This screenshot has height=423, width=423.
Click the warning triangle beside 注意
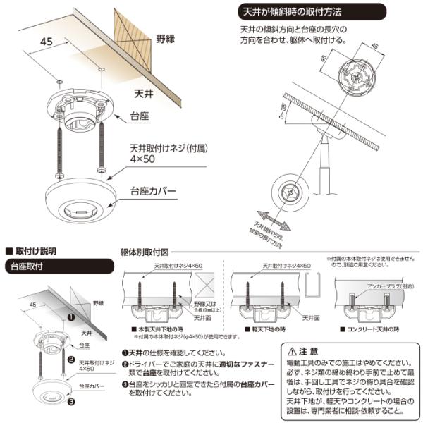(x=293, y=350)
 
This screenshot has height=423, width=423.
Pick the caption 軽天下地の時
(x=265, y=329)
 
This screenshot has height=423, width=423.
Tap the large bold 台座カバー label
(x=154, y=191)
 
